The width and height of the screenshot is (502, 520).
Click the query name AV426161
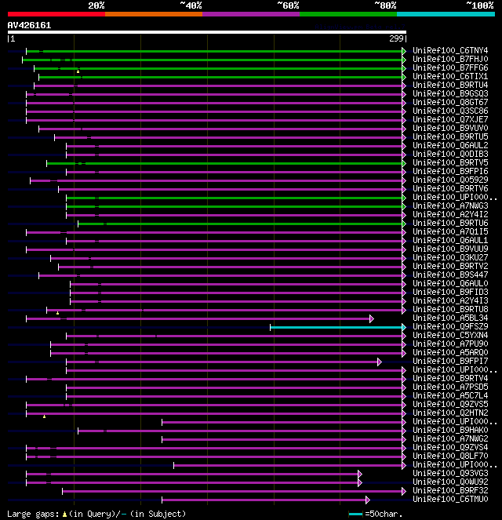pos(29,25)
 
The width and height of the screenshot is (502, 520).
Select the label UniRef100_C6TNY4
pos(450,51)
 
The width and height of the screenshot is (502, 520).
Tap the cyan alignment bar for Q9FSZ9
pos(337,326)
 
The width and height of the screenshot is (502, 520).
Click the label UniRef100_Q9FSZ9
pos(450,326)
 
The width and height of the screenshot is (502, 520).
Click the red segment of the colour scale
pos(56,13)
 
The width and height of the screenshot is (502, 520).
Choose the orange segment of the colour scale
pos(153,13)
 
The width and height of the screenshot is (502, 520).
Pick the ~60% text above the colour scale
pos(288,5)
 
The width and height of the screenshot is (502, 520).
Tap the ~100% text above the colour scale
pos(479,5)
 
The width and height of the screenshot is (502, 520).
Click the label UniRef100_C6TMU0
pos(450,499)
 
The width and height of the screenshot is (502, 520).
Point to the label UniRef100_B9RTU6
pos(450,223)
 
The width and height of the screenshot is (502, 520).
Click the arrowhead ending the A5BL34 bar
pos(372,318)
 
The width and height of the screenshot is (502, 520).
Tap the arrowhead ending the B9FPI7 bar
pos(380,362)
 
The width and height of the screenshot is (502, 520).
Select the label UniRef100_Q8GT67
pos(450,102)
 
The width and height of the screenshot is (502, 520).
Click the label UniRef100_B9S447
pos(450,275)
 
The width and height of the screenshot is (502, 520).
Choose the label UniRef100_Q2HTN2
pos(450,413)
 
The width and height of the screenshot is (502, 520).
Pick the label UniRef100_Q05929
pos(450,180)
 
